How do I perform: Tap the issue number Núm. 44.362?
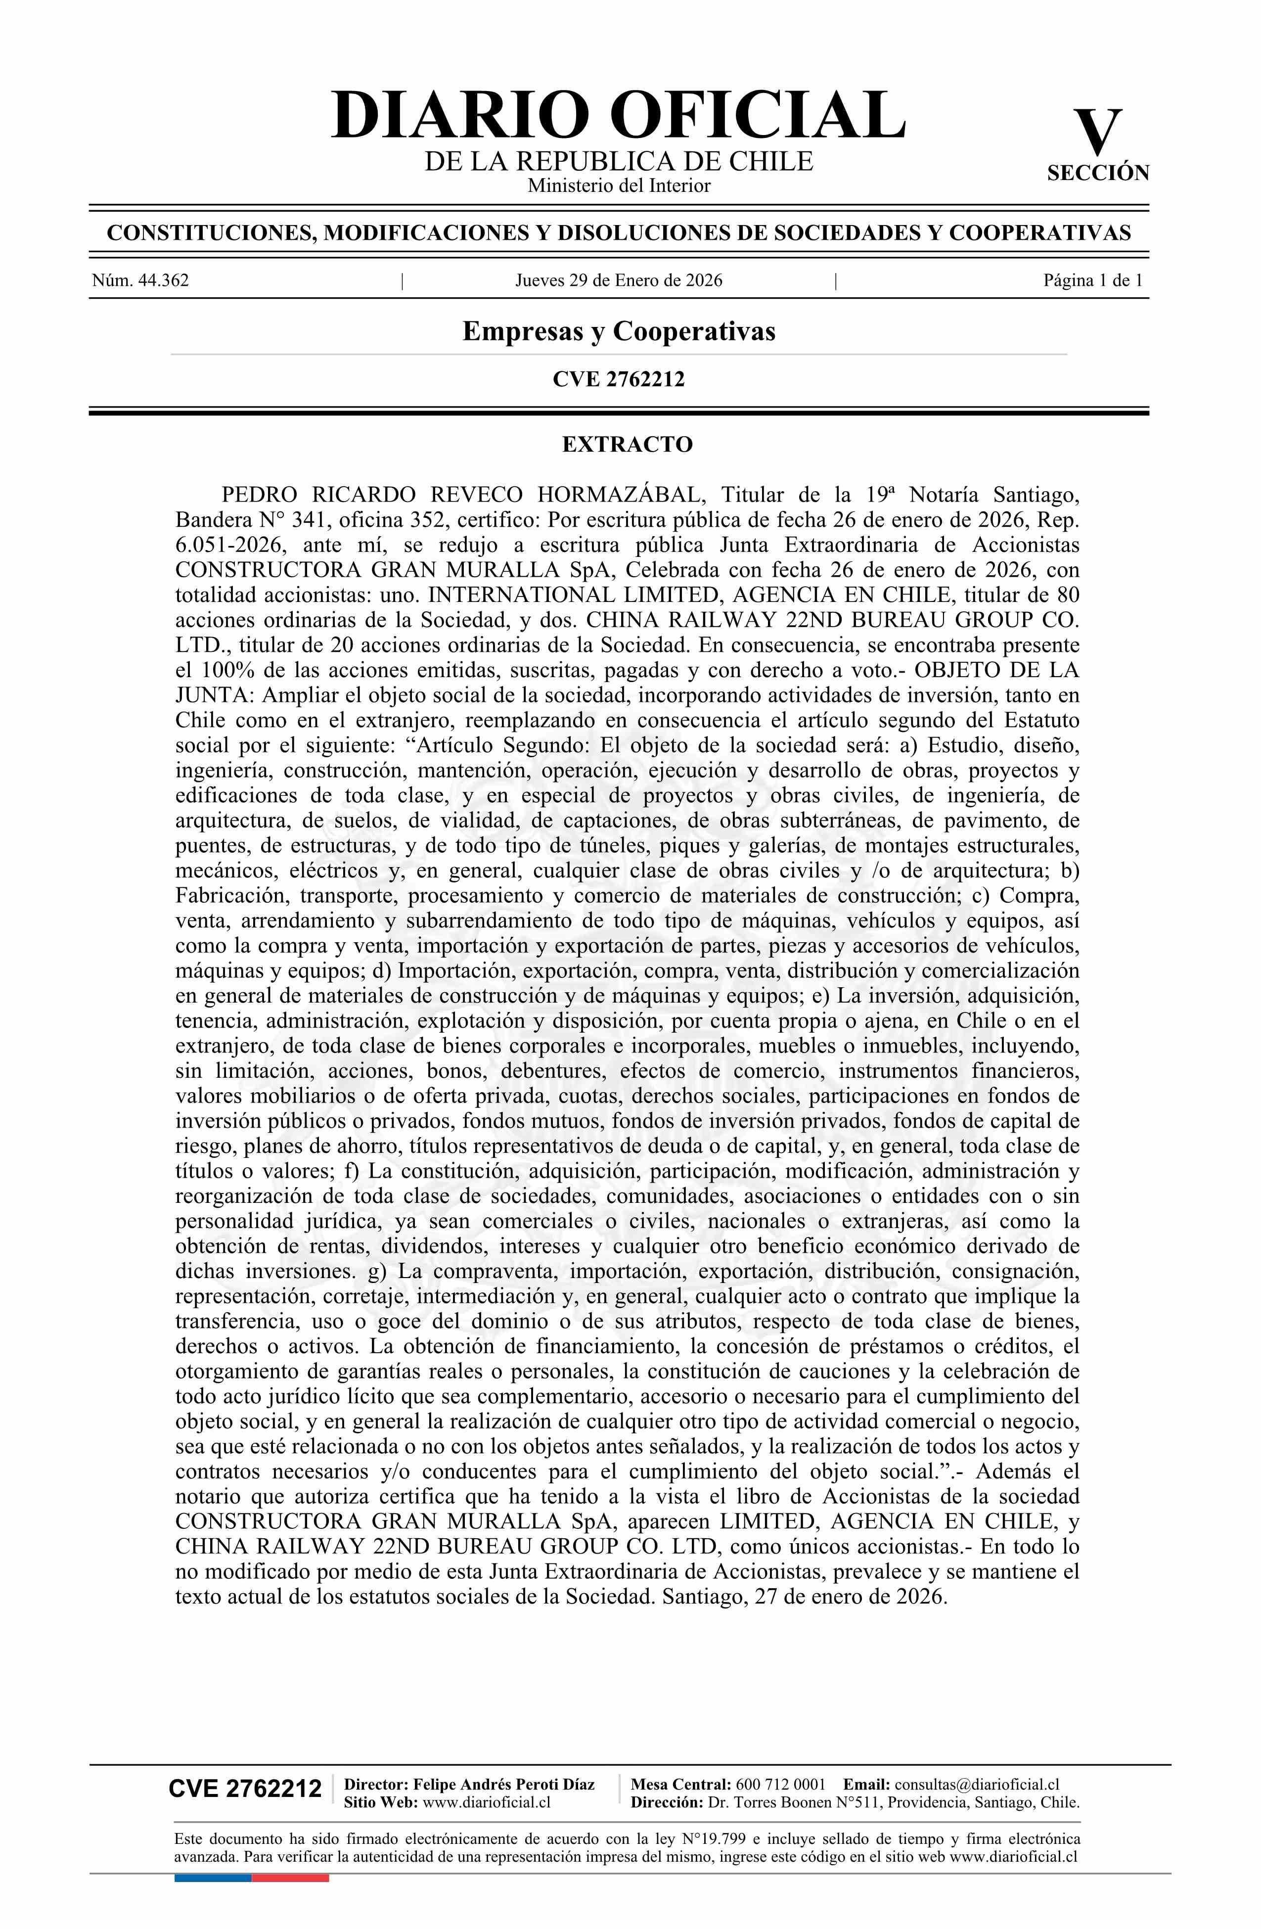pyautogui.click(x=140, y=280)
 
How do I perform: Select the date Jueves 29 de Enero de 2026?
pyautogui.click(x=618, y=280)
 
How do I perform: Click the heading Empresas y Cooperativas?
pyautogui.click(x=618, y=331)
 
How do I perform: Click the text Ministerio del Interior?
pyautogui.click(x=618, y=185)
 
